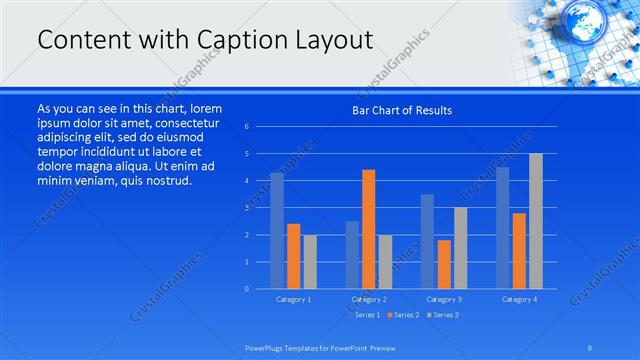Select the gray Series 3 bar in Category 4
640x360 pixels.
[x=535, y=221]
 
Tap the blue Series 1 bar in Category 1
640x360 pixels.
[x=276, y=231]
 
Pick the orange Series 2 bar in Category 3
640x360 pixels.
[x=444, y=264]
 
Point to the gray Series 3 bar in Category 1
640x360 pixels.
[x=310, y=262]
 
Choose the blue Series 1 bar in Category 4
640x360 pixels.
[x=502, y=228]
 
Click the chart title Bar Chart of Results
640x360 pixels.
[x=402, y=110]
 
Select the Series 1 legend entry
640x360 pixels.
[x=366, y=315]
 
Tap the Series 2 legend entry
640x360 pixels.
[x=402, y=315]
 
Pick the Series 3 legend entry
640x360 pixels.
[x=442, y=315]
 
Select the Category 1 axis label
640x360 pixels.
[x=293, y=299]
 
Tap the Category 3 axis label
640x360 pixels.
[x=443, y=299]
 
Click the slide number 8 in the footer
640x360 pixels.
[x=590, y=347]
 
